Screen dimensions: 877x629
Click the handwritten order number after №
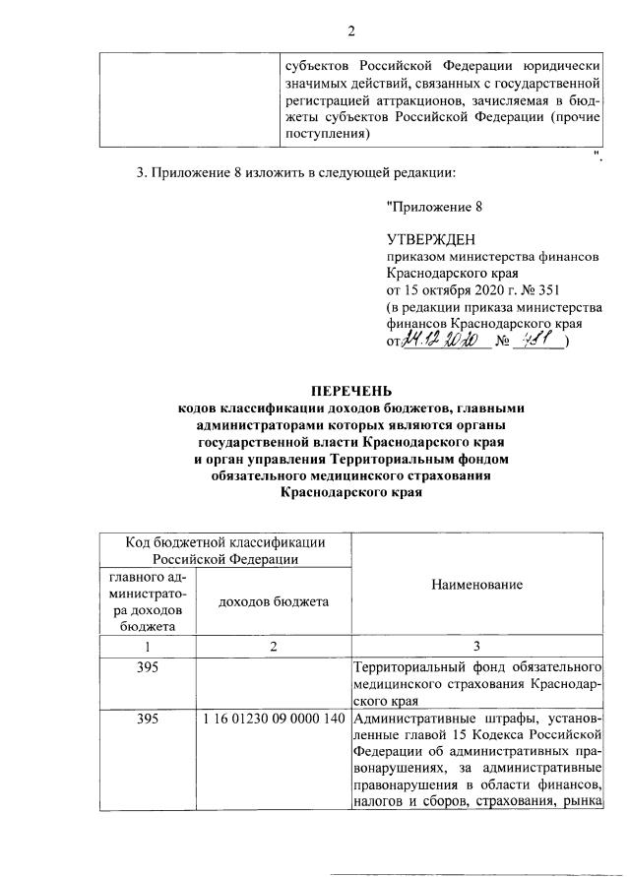coord(540,340)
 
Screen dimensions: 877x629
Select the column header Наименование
coord(476,584)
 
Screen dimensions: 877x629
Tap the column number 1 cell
coord(148,646)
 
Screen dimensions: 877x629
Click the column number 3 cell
coord(476,646)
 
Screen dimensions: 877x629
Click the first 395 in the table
coord(148,667)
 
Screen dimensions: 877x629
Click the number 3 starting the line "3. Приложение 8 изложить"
coord(140,174)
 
